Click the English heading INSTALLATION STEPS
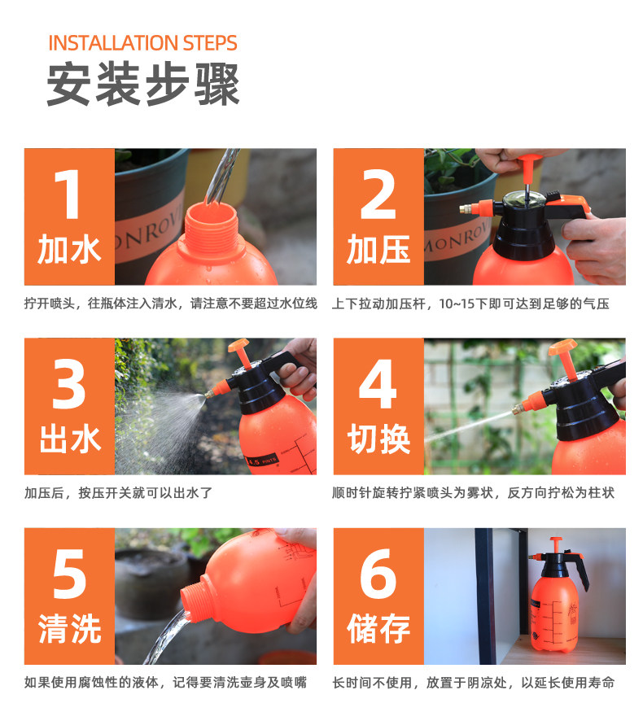click(x=142, y=43)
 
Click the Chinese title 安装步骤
click(x=143, y=85)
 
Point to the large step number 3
click(x=69, y=384)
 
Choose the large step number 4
click(x=378, y=384)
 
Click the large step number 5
click(x=69, y=574)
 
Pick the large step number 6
click(x=378, y=574)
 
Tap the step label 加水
click(x=69, y=249)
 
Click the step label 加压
click(x=378, y=249)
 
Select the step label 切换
click(x=378, y=439)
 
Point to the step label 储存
click(x=378, y=629)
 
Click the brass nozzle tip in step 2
click(x=465, y=209)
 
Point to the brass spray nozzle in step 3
click(x=209, y=393)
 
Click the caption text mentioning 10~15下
click(x=470, y=304)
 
